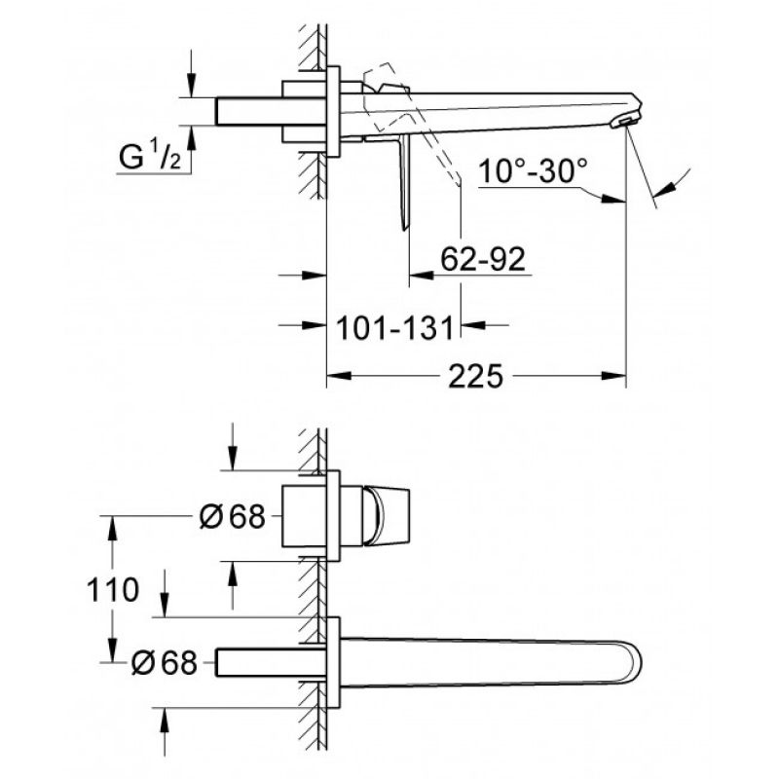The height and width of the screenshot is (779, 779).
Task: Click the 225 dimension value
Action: tap(475, 376)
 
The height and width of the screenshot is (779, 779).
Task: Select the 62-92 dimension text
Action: tap(483, 259)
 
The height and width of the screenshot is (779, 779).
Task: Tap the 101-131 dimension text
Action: tap(395, 328)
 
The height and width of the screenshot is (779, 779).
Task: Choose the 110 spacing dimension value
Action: tap(113, 590)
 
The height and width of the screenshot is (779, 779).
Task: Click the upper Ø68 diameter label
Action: tap(232, 516)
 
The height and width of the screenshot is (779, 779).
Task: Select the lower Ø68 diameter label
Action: tap(165, 662)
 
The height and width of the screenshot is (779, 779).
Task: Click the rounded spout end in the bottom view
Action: tap(631, 662)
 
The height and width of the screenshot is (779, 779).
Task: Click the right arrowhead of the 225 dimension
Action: tap(613, 376)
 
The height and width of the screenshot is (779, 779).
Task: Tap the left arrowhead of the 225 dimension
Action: tap(339, 376)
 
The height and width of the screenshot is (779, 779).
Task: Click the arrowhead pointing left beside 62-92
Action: tap(422, 275)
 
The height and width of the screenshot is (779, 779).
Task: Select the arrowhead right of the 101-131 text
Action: tap(473, 325)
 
